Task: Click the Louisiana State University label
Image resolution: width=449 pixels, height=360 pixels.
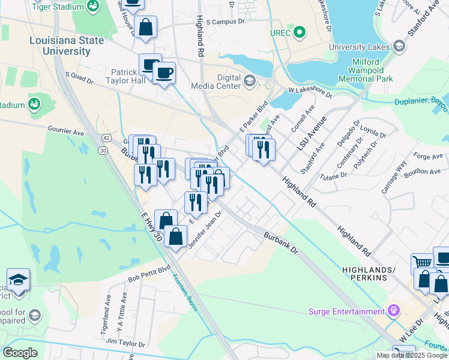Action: tap(67, 46)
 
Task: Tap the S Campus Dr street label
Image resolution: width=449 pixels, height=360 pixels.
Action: tap(226, 22)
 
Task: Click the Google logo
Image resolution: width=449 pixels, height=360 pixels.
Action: tap(20, 352)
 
